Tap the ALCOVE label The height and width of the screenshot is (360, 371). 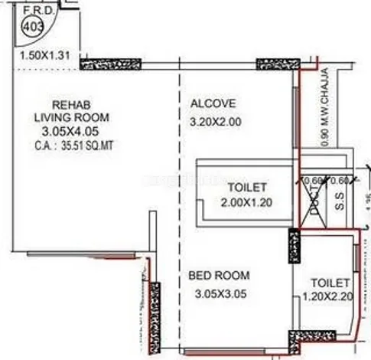[x=213, y=103]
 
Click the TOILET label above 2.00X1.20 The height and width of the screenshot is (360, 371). [x=247, y=187]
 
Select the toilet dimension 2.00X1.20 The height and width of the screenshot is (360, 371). [x=247, y=202]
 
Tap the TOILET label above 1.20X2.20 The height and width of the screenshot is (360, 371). [x=330, y=282]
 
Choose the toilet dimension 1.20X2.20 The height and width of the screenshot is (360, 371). [x=330, y=297]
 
